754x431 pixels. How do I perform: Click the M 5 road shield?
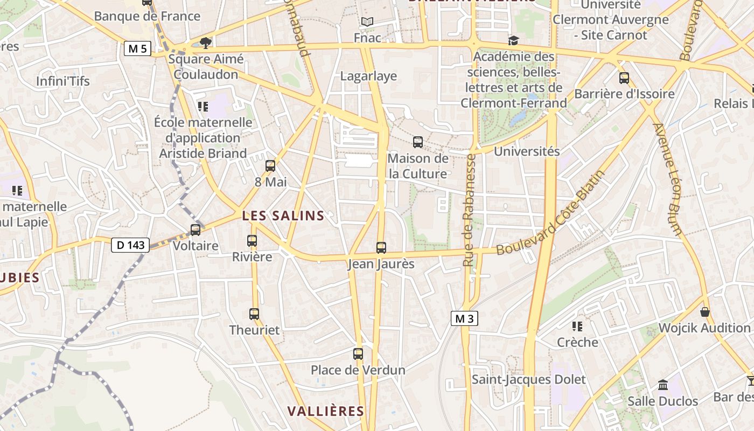coord(137,49)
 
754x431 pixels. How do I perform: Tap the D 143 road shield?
coord(130,245)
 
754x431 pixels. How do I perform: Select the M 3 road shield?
coord(464,318)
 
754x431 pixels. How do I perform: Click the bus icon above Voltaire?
coord(196,230)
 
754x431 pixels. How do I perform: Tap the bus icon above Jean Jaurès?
coord(381,248)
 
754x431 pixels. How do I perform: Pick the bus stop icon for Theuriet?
coord(254,314)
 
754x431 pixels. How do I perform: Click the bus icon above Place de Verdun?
coord(358,354)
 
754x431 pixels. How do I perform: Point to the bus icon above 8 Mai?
coord(270,166)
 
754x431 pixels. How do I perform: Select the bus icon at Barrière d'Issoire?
coord(624,78)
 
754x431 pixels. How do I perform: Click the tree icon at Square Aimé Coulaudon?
coord(205,43)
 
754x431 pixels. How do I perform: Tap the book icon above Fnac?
coord(367,22)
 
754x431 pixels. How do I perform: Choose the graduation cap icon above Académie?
coord(514,41)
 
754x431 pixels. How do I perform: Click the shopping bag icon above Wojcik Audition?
coord(704,312)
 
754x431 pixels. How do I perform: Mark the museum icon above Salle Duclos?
coord(663,385)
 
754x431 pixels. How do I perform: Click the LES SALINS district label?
coord(283,216)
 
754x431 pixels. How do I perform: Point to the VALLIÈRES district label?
coord(325,411)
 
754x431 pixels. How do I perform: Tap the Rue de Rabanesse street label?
coord(469,210)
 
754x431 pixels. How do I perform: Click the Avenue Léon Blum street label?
coord(668,179)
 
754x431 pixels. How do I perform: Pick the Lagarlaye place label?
coord(368,76)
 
